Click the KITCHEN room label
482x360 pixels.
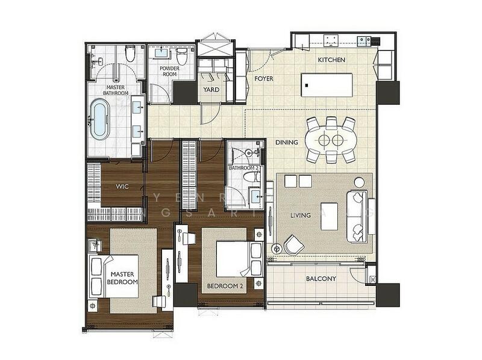tap(331, 60)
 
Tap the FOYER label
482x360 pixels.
tap(264, 79)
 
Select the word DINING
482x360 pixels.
tap(286, 143)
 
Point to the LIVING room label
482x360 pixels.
tap(300, 215)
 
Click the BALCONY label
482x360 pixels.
tap(321, 279)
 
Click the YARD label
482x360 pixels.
tap(211, 90)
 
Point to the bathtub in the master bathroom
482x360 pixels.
tap(100, 119)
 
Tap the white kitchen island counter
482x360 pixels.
tap(327, 85)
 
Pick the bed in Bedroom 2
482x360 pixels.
tap(233, 259)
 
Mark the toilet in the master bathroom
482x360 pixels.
tap(129, 56)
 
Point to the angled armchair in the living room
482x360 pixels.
tap(294, 244)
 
